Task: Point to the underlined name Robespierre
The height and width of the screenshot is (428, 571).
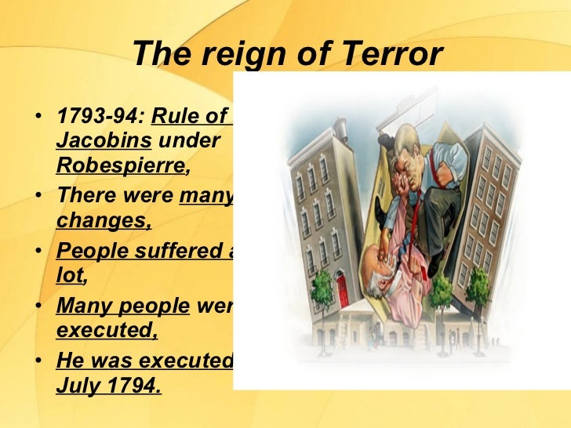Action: (121, 165)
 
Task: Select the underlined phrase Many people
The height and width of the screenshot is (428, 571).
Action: (122, 306)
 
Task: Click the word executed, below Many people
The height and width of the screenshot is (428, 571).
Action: (107, 329)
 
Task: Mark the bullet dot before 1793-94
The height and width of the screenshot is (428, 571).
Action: (39, 119)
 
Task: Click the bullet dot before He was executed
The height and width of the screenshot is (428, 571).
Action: (39, 361)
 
